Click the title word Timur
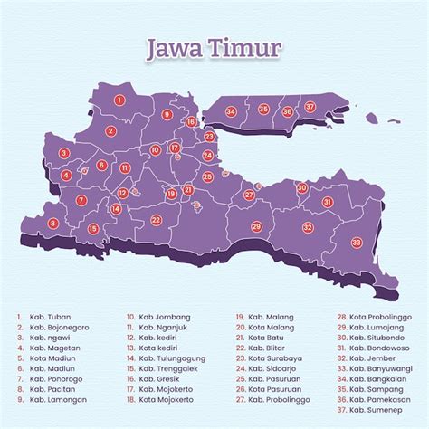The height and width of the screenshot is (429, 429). (x=247, y=47)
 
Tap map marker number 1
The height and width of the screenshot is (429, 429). (x=119, y=100)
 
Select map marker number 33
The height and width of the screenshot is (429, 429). (x=356, y=242)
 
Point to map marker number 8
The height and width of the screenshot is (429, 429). (x=52, y=223)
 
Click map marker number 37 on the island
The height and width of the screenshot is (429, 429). (x=310, y=107)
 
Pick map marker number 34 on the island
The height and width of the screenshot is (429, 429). (x=232, y=111)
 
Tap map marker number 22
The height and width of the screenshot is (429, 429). (x=156, y=219)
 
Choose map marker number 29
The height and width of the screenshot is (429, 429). (x=256, y=225)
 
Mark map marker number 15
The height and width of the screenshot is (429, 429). (x=93, y=228)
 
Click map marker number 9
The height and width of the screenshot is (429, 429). (x=166, y=115)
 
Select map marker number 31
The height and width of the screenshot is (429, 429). (x=327, y=202)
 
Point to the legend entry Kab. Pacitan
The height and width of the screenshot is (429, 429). (x=51, y=386)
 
